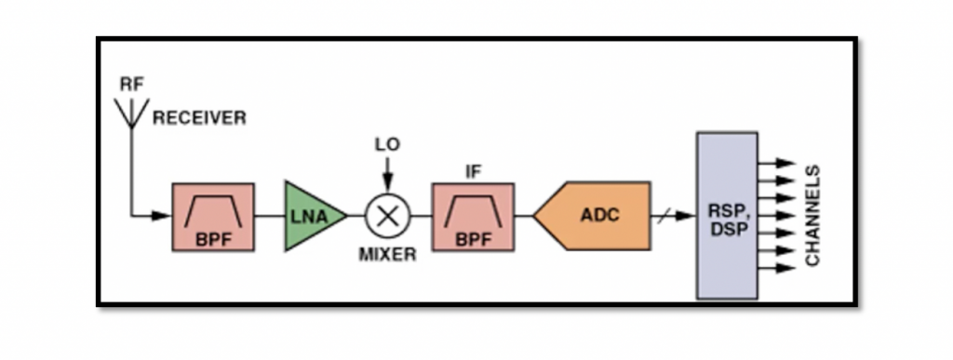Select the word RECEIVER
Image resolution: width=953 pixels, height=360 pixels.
(200, 118)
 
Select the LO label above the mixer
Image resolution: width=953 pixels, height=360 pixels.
(387, 146)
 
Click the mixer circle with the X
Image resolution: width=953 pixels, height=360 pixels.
(387, 216)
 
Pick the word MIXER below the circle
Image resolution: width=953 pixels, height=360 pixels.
(387, 254)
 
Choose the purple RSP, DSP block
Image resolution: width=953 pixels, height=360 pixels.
(726, 216)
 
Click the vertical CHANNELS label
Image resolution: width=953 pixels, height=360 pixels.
(813, 216)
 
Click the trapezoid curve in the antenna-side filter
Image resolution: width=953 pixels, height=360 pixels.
(212, 210)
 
